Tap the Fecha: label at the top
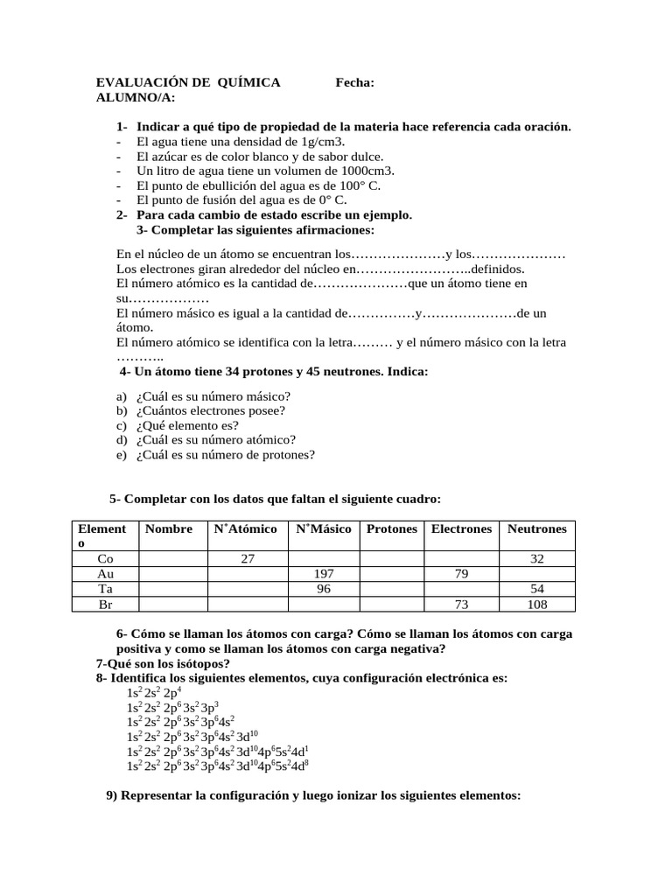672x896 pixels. point(355,82)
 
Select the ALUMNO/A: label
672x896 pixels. point(136,97)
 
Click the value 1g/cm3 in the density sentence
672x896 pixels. point(323,142)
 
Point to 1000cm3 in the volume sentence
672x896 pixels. point(364,171)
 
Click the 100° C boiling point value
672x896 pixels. point(358,185)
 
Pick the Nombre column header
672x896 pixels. point(169,528)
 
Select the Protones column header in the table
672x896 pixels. point(391,528)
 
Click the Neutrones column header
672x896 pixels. point(536,528)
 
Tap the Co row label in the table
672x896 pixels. point(105,558)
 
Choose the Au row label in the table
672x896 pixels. point(105,573)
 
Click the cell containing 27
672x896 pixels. point(247,558)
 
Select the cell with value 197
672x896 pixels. point(324,573)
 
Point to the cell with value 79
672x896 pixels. point(460,573)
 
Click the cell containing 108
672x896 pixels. point(537,604)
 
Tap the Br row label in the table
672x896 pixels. point(105,604)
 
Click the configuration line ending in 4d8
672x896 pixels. point(218,766)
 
